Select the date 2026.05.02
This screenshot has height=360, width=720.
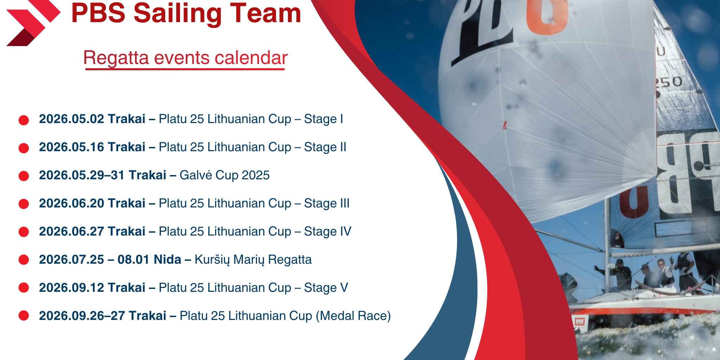(72, 119)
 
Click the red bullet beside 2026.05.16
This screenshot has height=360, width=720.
(24, 148)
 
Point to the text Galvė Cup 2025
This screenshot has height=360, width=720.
(225, 175)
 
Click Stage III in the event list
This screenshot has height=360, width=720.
(327, 203)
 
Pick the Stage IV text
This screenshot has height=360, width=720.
(328, 231)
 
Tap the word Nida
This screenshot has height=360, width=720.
(167, 259)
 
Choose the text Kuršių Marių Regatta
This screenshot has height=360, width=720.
(253, 259)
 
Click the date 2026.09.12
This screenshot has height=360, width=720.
(72, 288)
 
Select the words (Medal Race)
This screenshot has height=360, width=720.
(353, 316)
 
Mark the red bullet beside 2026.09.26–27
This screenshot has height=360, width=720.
(24, 315)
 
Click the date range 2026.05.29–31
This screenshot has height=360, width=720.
(82, 175)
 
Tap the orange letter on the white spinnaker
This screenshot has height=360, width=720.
(547, 16)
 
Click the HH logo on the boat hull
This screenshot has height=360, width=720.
(579, 321)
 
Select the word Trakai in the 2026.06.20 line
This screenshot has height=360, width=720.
(127, 203)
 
